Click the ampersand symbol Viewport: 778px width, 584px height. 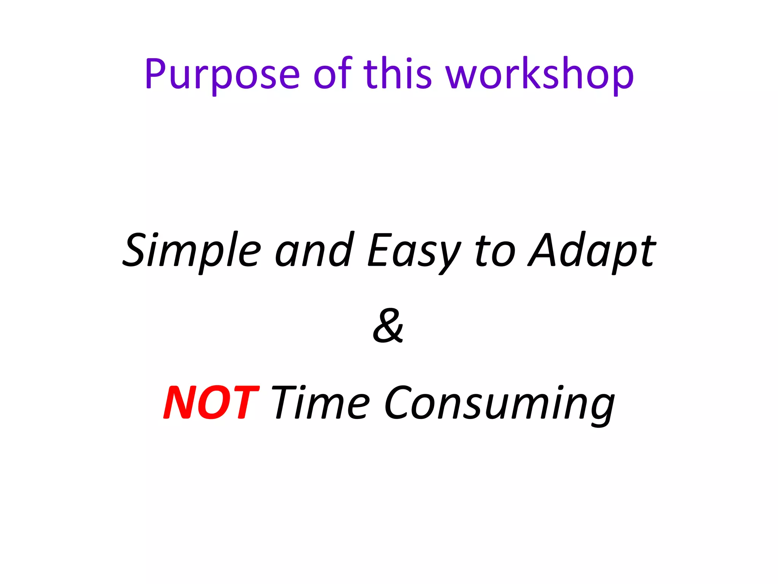388,326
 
